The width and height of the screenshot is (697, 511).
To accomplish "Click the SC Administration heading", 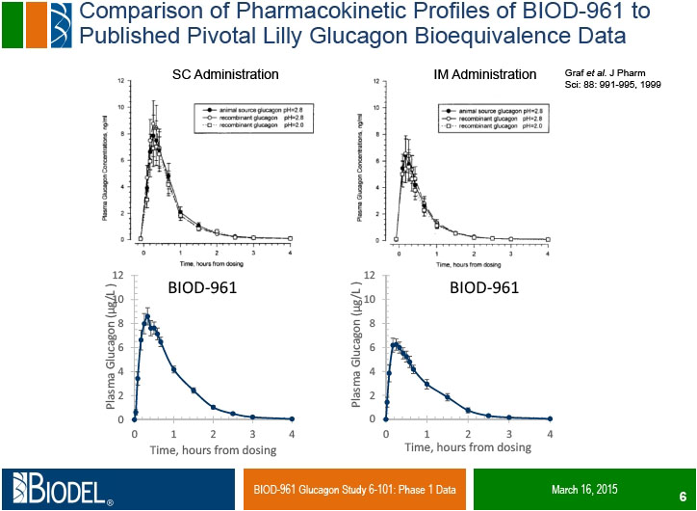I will coord(225,74).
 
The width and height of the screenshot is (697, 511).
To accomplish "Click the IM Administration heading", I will coord(484,74).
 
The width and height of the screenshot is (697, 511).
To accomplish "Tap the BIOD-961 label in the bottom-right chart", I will coord(484,287).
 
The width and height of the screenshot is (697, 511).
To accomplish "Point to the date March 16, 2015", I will coord(584,489).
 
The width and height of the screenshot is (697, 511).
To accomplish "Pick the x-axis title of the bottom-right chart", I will coord(468,447).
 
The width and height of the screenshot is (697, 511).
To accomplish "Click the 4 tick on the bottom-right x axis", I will coord(550,433).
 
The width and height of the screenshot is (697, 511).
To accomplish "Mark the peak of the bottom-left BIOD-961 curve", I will coord(147,315).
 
